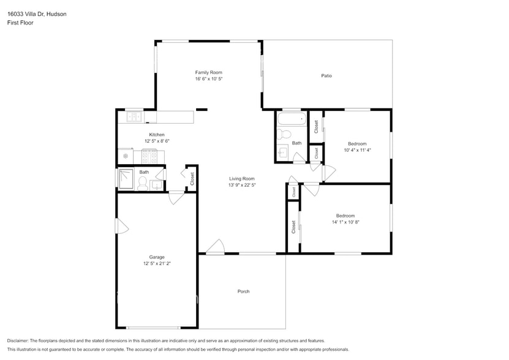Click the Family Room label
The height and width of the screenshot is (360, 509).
(x=208, y=72)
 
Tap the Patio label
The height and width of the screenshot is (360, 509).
(x=326, y=76)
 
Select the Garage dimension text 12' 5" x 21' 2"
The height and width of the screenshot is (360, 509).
(x=157, y=264)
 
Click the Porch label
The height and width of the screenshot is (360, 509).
(x=243, y=291)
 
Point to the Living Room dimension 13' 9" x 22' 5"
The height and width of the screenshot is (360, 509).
(x=242, y=185)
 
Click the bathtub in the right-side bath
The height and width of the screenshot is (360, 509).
(x=291, y=119)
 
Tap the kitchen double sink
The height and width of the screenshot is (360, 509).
(x=134, y=116)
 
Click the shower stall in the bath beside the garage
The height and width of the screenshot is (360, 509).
(x=126, y=179)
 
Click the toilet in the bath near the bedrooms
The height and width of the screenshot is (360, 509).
(x=285, y=134)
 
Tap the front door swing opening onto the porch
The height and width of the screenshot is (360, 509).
(x=215, y=247)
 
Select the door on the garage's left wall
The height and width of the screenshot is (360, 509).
(x=122, y=226)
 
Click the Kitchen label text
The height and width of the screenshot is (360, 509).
(x=157, y=135)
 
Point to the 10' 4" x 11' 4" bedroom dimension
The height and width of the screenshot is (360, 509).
(x=357, y=150)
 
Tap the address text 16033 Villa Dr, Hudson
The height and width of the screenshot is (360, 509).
(x=37, y=13)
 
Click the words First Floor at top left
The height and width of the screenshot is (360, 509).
(x=20, y=23)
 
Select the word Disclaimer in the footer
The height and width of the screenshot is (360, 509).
(x=18, y=340)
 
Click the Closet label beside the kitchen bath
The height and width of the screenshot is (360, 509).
(x=192, y=179)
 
